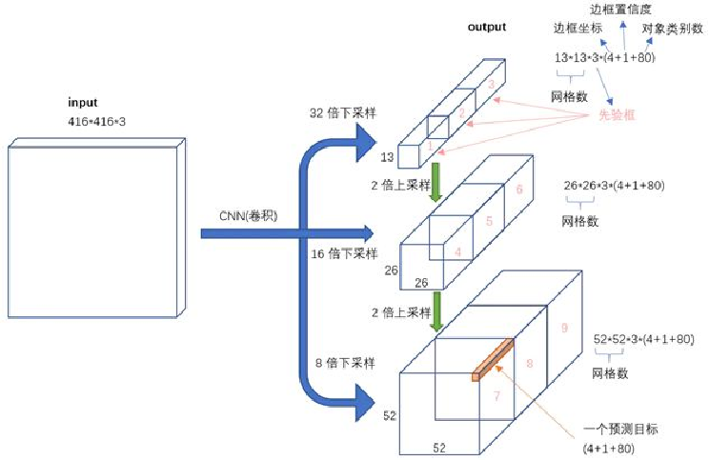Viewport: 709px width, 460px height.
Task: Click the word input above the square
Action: [83, 102]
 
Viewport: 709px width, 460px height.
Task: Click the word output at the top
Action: [487, 27]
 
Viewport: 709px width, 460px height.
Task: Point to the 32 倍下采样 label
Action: [343, 112]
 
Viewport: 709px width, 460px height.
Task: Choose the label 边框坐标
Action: [577, 30]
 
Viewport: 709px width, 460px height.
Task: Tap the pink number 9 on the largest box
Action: [563, 328]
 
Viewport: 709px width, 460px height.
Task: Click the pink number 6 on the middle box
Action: [519, 190]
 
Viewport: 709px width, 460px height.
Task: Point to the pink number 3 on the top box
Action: [490, 85]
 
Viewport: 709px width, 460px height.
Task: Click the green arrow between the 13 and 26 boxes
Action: [436, 181]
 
